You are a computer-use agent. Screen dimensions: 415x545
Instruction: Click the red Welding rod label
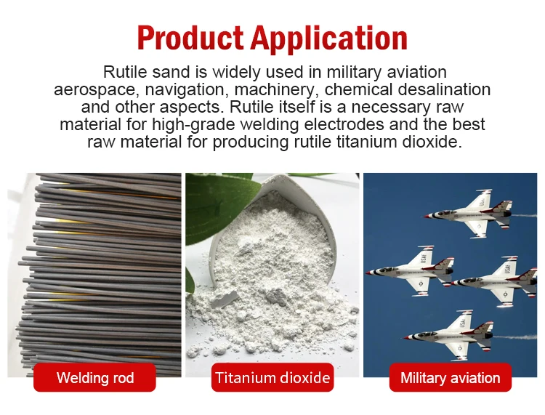(95, 378)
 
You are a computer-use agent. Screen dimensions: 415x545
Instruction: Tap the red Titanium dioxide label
(272, 378)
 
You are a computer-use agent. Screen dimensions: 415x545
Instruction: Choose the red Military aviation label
(451, 378)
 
